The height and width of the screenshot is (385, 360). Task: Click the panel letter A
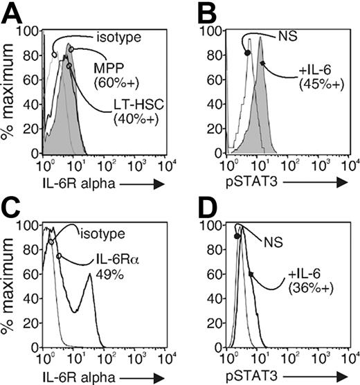15,13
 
